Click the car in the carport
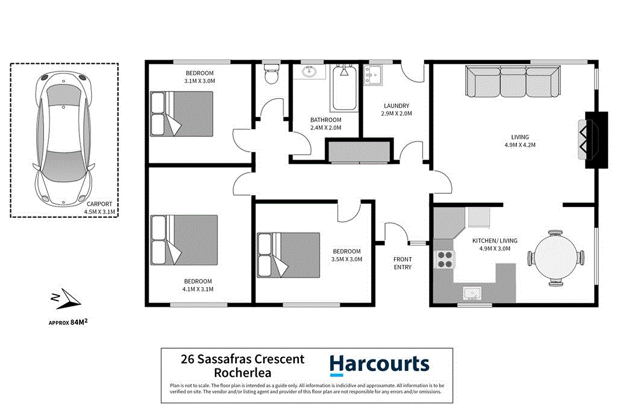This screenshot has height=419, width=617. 64,138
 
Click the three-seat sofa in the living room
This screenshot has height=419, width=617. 513,81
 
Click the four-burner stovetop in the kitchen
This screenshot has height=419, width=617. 444,259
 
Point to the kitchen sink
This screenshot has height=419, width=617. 472,294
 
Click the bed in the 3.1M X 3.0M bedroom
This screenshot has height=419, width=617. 174,114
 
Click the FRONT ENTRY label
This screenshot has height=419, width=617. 402,263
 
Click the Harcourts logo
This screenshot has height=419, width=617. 379,364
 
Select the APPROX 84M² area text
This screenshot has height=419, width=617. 73,322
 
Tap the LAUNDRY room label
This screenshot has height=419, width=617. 396,105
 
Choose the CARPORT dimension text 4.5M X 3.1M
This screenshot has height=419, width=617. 98,211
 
